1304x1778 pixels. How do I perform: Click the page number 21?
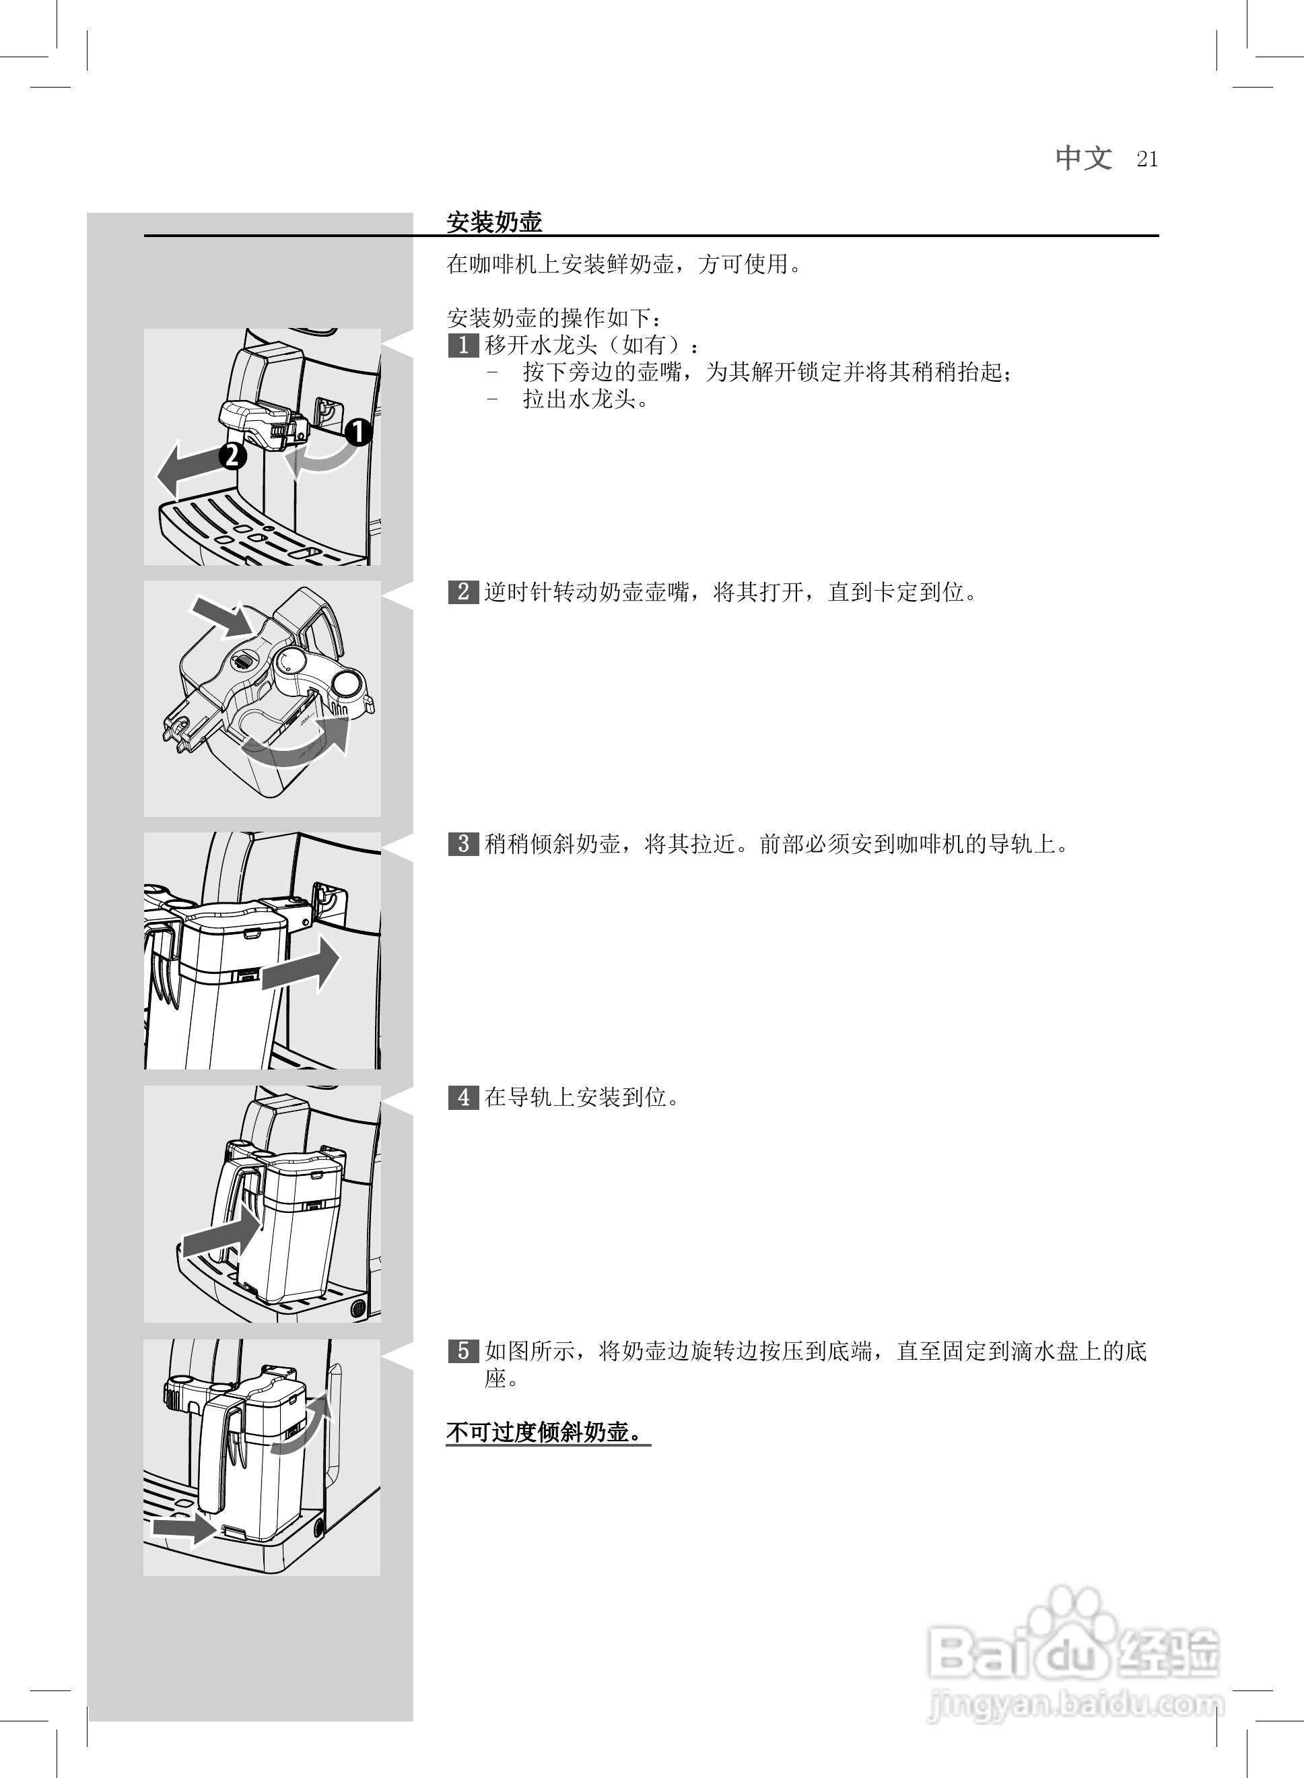click(x=1147, y=160)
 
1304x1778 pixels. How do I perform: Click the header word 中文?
click(x=1084, y=158)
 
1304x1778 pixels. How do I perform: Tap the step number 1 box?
click(x=463, y=345)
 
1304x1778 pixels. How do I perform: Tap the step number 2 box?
click(x=463, y=591)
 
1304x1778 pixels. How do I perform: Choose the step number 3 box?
click(x=463, y=844)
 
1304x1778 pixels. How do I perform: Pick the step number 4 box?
click(x=463, y=1097)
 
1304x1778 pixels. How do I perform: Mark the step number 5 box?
click(x=463, y=1351)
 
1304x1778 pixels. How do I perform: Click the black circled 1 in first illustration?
click(x=358, y=432)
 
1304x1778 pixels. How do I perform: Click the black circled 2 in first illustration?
click(x=233, y=455)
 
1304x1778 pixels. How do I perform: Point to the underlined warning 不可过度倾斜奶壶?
click(x=547, y=1433)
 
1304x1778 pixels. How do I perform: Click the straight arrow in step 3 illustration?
click(x=302, y=967)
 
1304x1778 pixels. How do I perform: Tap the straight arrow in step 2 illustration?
click(x=223, y=616)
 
